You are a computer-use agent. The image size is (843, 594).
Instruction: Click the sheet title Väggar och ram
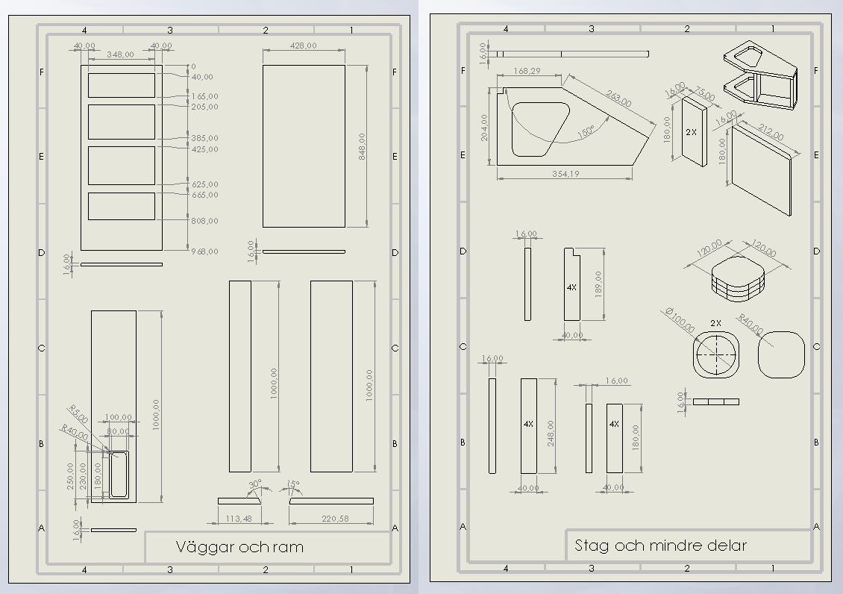tap(239, 547)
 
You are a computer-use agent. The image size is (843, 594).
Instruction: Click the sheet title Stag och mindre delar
tap(660, 545)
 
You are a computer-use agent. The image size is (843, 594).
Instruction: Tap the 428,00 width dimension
tap(303, 46)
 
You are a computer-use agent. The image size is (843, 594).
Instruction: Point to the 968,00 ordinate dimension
tap(204, 251)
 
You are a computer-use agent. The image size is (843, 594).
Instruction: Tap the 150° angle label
tap(586, 131)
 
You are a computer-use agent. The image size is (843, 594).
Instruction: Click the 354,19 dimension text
tap(566, 174)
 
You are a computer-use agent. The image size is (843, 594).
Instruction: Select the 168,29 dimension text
tap(527, 71)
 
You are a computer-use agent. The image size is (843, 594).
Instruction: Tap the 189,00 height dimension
tap(598, 284)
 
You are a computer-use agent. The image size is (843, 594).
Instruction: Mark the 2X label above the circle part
tap(715, 323)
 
